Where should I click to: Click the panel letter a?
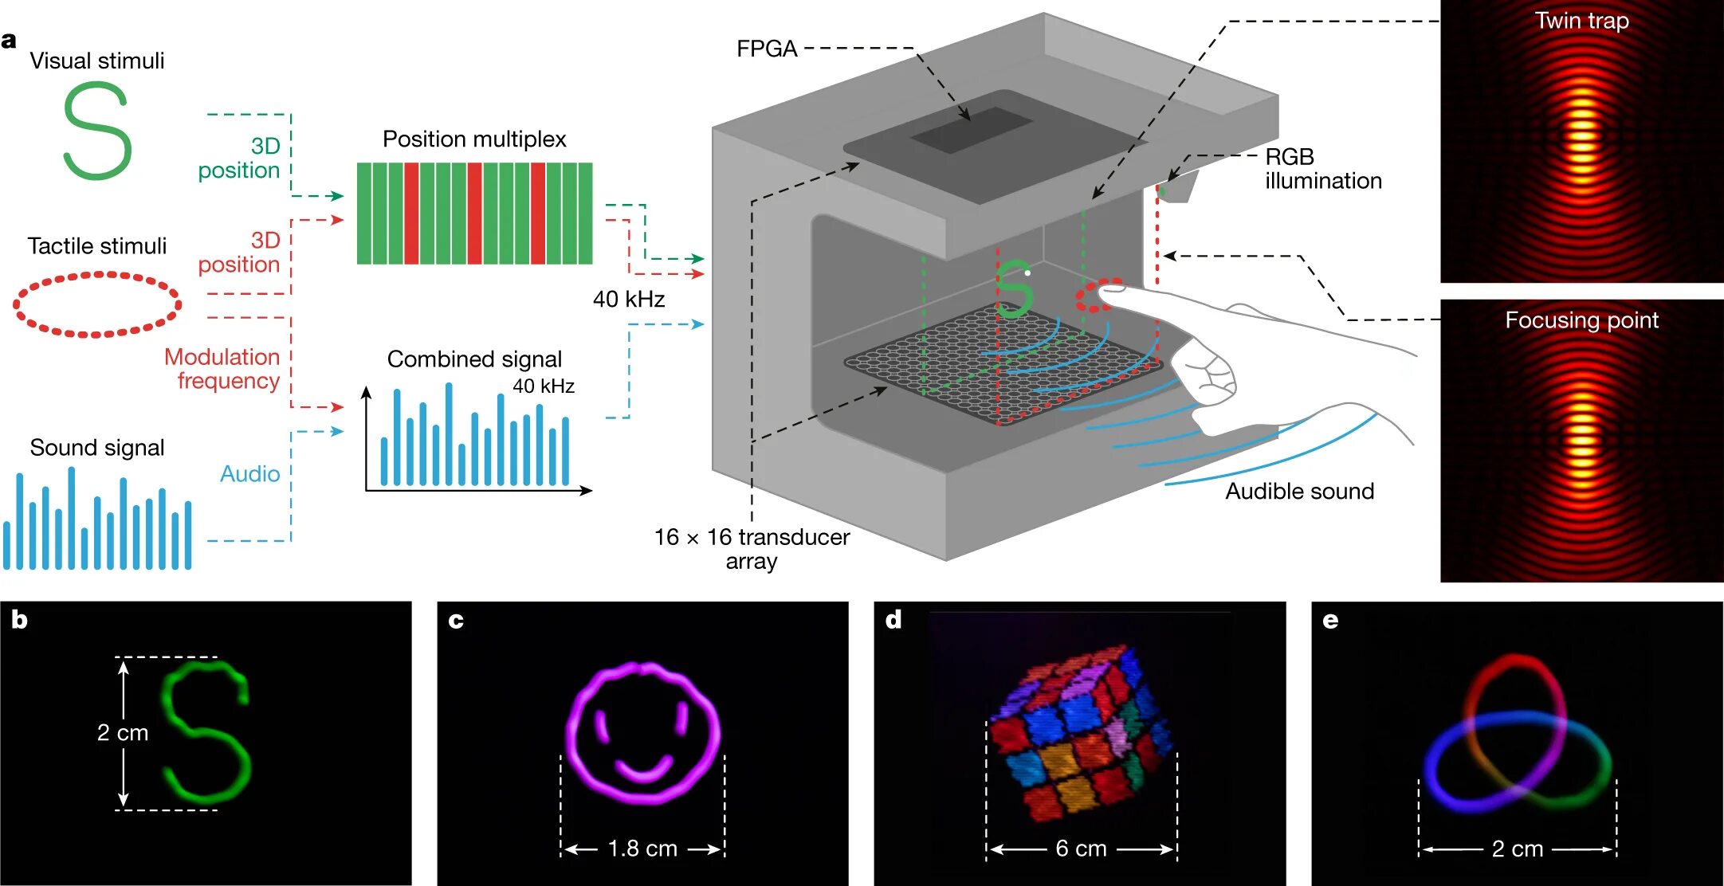coord(9,41)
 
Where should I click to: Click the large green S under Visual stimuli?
coord(97,131)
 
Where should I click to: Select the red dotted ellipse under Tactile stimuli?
coord(97,304)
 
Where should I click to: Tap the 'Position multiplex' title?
coord(474,139)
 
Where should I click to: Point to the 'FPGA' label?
coord(766,49)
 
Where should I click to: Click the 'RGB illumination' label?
coord(1322,169)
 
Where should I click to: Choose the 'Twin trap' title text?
coord(1581,21)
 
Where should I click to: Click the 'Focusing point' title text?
coord(1581,320)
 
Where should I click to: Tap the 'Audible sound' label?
coord(1299,492)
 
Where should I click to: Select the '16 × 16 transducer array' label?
coord(752,549)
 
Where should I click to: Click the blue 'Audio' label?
coord(249,474)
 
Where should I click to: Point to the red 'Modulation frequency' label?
coord(222,369)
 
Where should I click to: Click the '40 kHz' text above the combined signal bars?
coord(544,386)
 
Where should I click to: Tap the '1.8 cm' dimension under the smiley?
coord(642,849)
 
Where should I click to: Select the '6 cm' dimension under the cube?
coord(1081,849)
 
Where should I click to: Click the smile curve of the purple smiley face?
coord(644,770)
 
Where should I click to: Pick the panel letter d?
coord(893,620)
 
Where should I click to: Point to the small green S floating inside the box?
coord(1015,288)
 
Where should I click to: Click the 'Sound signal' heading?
coord(97,448)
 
